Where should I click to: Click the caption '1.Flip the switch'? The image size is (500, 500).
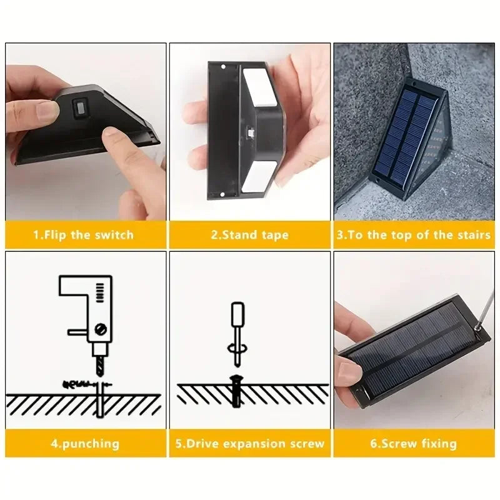83,235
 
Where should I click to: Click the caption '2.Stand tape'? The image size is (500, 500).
249,235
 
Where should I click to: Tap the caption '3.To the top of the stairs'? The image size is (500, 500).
414,235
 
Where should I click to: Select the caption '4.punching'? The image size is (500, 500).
85,444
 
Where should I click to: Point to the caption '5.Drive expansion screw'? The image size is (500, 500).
249,444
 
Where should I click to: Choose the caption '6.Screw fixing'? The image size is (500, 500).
414,444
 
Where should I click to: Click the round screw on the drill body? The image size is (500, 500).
101,327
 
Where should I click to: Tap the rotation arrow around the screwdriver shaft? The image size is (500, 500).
236,350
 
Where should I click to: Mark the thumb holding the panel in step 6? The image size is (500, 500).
351,372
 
